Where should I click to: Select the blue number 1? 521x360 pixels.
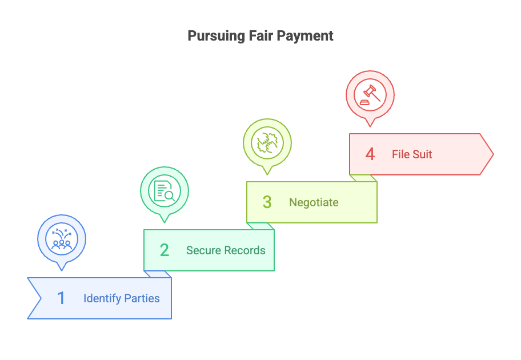point(62,298)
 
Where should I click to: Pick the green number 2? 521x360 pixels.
point(165,250)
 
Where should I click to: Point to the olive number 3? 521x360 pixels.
point(267,202)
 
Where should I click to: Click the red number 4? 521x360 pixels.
point(370,154)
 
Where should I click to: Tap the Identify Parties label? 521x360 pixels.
point(122,298)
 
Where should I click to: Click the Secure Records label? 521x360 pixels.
point(226,250)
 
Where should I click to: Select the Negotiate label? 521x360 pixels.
point(314,202)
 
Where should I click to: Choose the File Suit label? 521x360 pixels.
point(412,154)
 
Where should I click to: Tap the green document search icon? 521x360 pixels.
point(165,190)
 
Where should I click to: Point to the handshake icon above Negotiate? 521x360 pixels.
point(267,142)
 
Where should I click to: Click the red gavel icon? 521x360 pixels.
point(370,94)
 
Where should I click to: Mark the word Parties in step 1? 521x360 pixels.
point(143,298)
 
